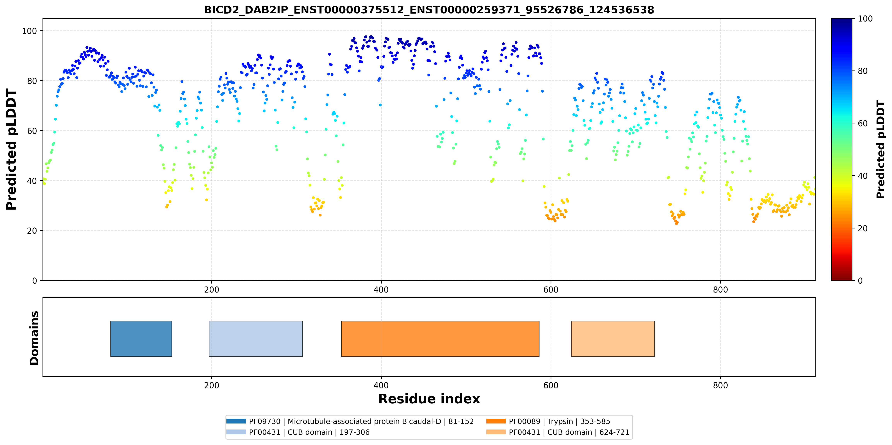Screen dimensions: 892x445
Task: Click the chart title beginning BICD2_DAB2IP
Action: click(429, 10)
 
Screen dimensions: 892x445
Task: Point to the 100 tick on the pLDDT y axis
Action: click(29, 31)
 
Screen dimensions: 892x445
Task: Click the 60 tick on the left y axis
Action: click(32, 131)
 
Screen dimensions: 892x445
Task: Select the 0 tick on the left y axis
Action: click(35, 281)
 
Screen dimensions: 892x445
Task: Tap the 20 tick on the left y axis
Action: click(32, 231)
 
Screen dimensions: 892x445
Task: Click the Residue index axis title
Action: click(429, 399)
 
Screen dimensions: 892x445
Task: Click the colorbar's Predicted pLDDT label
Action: click(881, 150)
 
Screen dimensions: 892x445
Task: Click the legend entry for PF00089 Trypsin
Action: click(548, 421)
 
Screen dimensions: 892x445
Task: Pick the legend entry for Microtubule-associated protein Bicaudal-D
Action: click(350, 421)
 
